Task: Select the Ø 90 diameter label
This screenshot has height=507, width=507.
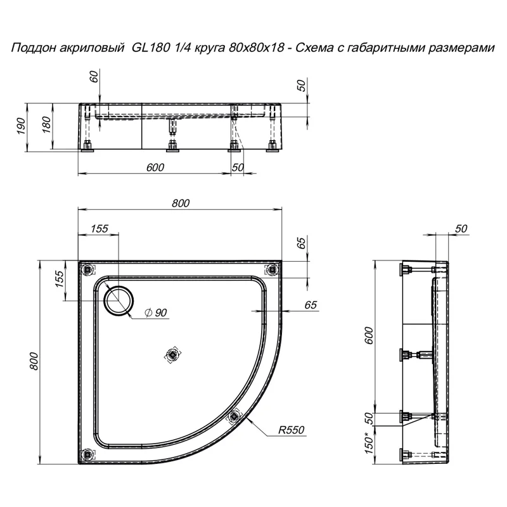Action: pyautogui.click(x=155, y=312)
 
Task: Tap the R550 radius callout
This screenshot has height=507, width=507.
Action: pyautogui.click(x=292, y=430)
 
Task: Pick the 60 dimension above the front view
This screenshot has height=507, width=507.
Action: pyautogui.click(x=94, y=77)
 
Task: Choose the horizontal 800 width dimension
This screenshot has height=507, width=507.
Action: pyautogui.click(x=181, y=203)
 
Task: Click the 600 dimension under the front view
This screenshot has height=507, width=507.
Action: pyautogui.click(x=155, y=167)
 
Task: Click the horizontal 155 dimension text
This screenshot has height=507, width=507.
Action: pyautogui.click(x=99, y=229)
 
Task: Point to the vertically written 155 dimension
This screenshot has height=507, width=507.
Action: pyautogui.click(x=58, y=279)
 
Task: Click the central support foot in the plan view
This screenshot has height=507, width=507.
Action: pyautogui.click(x=170, y=356)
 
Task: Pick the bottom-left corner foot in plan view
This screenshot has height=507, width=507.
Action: pyautogui.click(x=87, y=454)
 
